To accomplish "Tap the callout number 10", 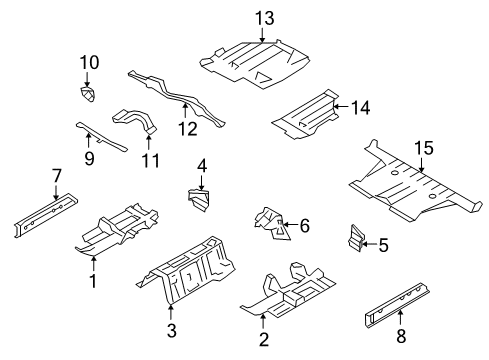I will (88, 62).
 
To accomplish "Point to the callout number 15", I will (424, 149).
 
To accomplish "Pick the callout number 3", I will (171, 331).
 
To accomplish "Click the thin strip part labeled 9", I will (99, 135).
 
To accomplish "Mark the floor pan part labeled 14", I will (305, 116).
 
